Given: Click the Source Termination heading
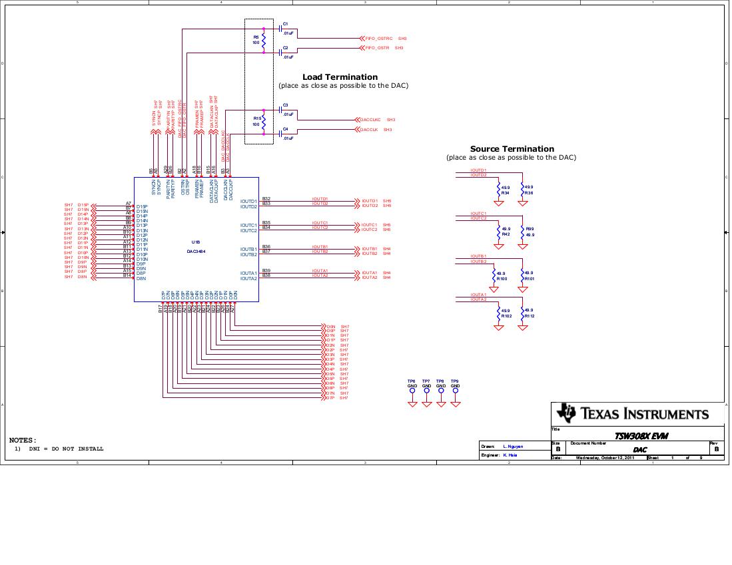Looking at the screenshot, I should (x=512, y=149).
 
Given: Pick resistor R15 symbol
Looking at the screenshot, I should (x=263, y=122).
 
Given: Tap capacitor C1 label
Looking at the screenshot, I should (x=285, y=23).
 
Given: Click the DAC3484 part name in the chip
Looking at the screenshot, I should (x=196, y=252).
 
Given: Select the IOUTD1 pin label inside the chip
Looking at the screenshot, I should (x=248, y=201).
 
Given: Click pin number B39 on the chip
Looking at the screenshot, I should (x=266, y=270).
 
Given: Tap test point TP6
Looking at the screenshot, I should (x=412, y=381).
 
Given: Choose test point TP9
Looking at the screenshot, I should (x=455, y=381).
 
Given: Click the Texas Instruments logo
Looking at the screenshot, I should (x=566, y=413).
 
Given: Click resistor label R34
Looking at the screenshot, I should (x=506, y=193).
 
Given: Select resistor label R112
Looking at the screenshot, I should (x=530, y=316).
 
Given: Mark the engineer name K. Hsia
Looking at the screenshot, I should (x=510, y=455).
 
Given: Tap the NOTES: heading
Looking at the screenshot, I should (x=23, y=440).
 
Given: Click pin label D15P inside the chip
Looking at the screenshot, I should (x=141, y=206).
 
